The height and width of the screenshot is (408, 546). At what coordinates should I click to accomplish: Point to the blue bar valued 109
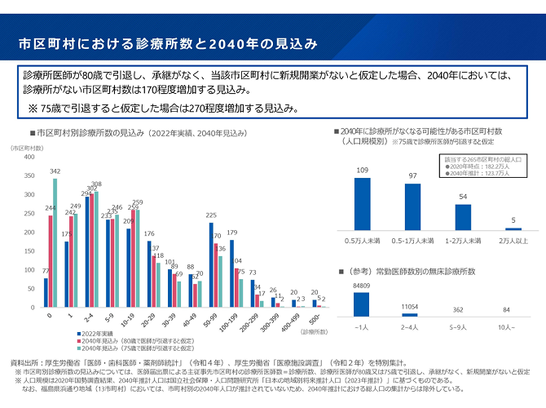(x=363, y=204)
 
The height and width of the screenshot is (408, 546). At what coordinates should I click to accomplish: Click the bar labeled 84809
(x=363, y=304)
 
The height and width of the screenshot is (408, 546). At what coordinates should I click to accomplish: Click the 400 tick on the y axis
(x=30, y=157)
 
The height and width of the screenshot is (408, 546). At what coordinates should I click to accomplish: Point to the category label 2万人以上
(x=513, y=241)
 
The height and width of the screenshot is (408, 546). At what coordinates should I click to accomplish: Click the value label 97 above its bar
(x=413, y=176)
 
